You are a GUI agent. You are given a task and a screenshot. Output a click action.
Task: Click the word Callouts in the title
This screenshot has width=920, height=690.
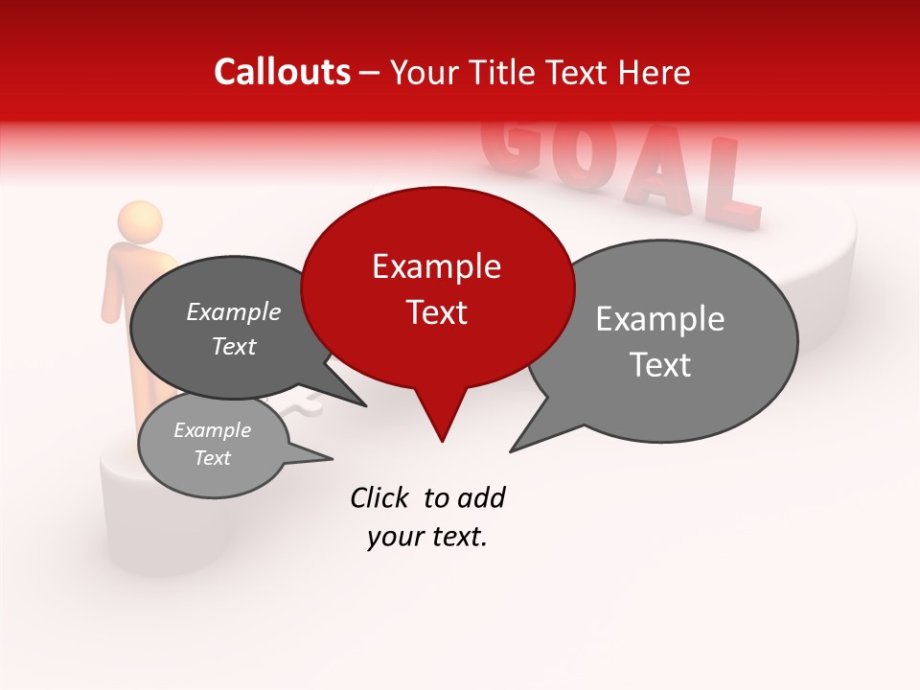coord(282,72)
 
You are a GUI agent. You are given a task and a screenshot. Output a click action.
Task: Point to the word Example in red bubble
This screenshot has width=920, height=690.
coord(436,266)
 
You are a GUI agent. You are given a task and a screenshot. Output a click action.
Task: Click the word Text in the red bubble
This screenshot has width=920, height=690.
coord(436,312)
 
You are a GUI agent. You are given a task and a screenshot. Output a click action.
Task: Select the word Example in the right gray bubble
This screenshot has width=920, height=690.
coord(660,318)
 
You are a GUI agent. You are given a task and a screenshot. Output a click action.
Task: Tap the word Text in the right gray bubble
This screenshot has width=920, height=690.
coord(660,365)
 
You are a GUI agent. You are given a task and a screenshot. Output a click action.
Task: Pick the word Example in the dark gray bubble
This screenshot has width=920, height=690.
coord(234,312)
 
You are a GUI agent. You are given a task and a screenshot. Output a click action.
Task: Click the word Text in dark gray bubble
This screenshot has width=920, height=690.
coord(234,346)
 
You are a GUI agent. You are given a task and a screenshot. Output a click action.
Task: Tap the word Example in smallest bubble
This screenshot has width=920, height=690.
coord(212,430)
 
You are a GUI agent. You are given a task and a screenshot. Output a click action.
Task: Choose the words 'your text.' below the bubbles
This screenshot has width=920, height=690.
coord(427,538)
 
